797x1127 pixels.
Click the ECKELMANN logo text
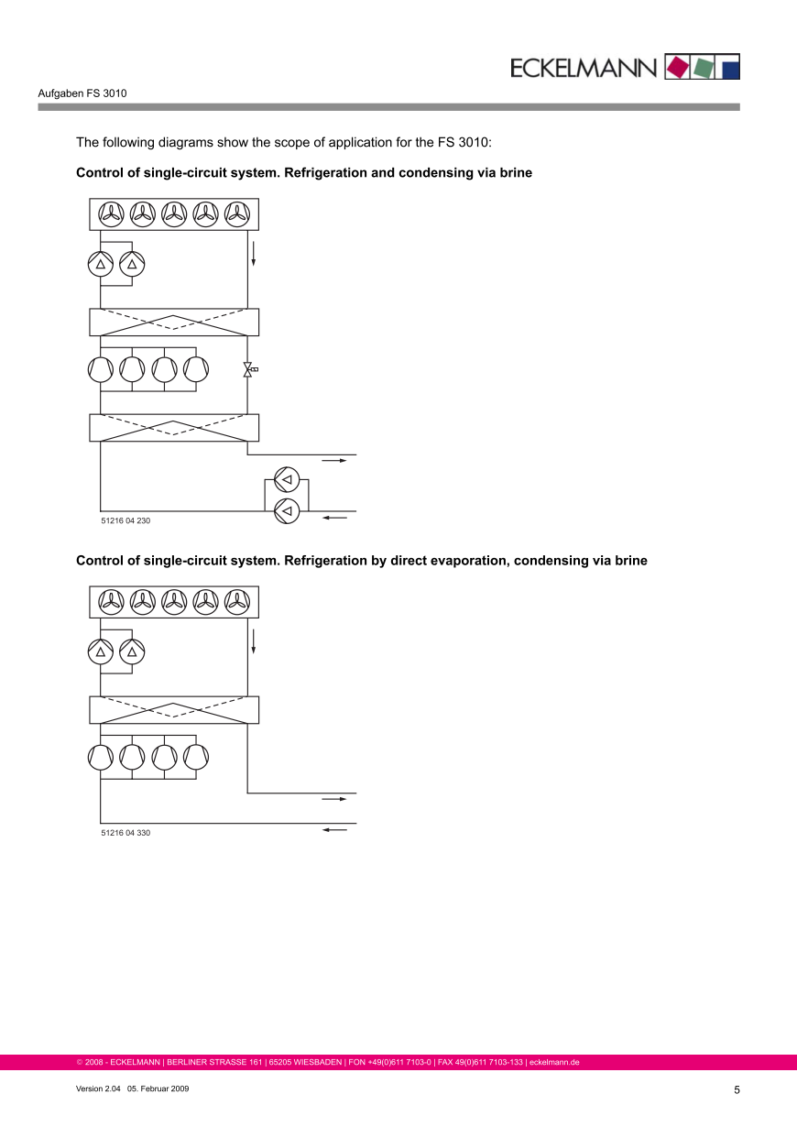[584, 68]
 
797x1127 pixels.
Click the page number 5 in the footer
[737, 1089]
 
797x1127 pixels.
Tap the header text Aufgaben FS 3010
[82, 93]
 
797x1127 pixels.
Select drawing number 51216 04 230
[126, 520]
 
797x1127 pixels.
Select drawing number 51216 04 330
[126, 833]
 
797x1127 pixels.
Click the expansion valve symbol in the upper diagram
[248, 369]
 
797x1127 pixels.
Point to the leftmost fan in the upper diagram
[111, 214]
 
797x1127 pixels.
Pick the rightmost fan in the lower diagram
[237, 602]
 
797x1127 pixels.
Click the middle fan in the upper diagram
[174, 214]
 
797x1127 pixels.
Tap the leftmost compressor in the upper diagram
[101, 369]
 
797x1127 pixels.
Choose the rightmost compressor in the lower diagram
[196, 757]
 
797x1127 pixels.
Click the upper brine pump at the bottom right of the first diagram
[287, 479]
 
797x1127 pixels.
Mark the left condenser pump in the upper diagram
[100, 265]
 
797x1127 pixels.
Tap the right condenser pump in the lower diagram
[132, 652]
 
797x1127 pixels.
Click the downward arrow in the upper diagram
[254, 253]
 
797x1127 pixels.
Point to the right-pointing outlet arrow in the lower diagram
[334, 799]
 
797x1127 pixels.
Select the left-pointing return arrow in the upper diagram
[335, 518]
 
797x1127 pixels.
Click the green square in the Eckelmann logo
[704, 68]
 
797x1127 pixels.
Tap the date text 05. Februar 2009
[158, 1088]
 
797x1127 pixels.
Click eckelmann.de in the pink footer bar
[554, 1063]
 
